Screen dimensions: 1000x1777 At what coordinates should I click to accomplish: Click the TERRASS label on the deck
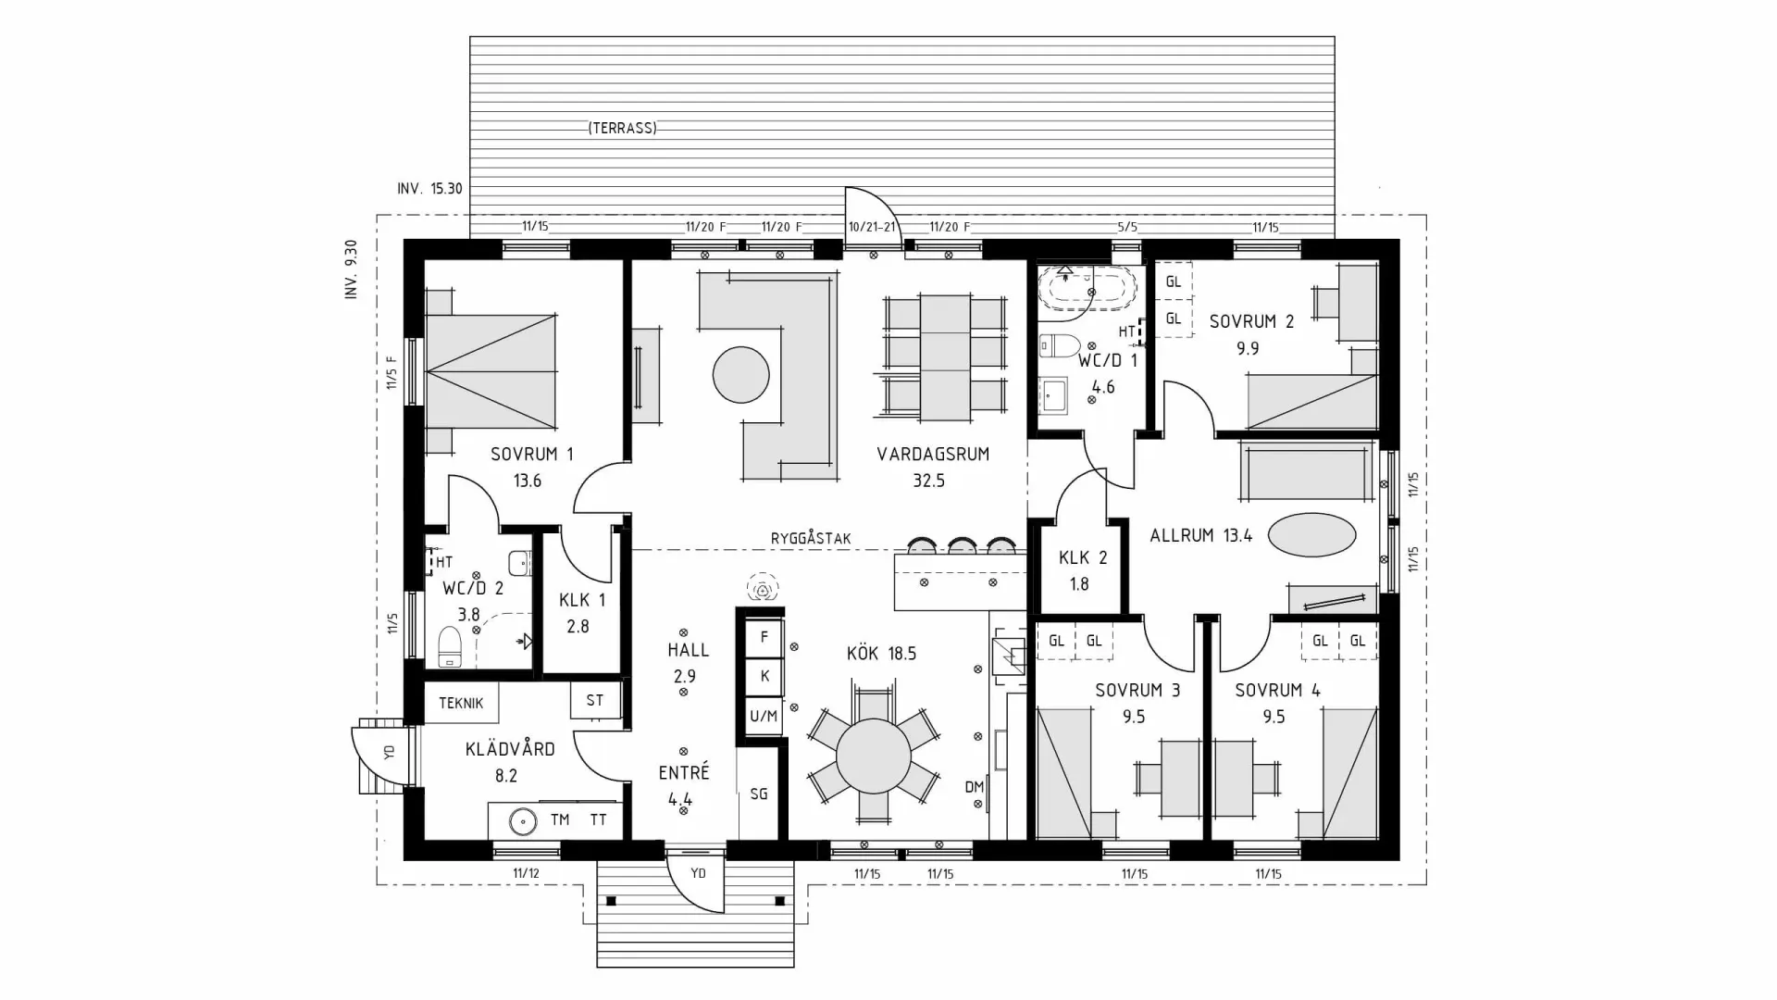[x=622, y=129]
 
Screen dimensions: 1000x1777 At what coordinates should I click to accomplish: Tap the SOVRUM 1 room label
[x=531, y=454]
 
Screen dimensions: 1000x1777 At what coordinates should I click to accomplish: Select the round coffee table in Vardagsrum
[x=740, y=375]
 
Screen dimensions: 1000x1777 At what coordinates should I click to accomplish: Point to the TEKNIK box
[x=461, y=703]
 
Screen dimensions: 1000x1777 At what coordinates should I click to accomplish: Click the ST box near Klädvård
[x=594, y=700]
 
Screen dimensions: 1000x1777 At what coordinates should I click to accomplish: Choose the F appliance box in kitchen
[x=764, y=637]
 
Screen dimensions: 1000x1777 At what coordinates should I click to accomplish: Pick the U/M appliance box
[x=764, y=716]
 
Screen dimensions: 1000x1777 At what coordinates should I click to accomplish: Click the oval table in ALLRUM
[x=1311, y=534]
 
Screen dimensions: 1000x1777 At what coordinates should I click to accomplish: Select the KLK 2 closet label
[x=1082, y=557]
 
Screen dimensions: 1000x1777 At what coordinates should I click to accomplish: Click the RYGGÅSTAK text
[x=810, y=538]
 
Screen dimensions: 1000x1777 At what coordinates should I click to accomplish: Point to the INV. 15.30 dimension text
[x=429, y=188]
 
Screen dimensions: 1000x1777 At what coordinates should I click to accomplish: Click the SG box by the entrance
[x=759, y=794]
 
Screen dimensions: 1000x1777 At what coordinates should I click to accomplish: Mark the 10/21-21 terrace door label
[x=872, y=227]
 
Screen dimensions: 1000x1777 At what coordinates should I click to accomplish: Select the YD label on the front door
[x=699, y=872]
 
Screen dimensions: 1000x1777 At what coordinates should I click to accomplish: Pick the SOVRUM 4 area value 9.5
[x=1274, y=717]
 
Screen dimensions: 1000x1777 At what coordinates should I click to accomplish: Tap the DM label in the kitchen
[x=974, y=787]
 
